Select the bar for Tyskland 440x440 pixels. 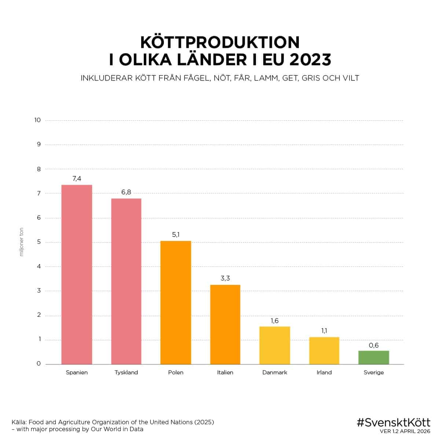tap(126, 281)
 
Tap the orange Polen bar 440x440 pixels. tap(176, 302)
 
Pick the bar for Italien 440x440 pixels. tap(225, 324)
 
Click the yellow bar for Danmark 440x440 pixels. tap(275, 345)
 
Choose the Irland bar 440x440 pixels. tap(324, 351)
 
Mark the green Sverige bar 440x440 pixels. tap(374, 357)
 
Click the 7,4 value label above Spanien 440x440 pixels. tap(77, 179)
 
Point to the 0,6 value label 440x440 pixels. tap(374, 345)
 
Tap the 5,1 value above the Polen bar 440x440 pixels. tap(176, 235)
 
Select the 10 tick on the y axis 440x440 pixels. tap(37, 120)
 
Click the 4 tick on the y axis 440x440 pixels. tap(38, 267)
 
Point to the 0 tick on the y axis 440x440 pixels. tap(38, 364)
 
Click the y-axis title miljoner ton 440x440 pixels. tap(21, 242)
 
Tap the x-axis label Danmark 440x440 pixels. tap(275, 373)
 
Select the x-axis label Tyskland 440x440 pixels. tap(126, 373)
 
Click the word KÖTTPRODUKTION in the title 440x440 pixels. tap(220, 43)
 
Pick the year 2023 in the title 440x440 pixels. tap(310, 60)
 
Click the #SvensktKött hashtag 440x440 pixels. tap(393, 422)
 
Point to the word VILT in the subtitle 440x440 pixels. tap(349, 78)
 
